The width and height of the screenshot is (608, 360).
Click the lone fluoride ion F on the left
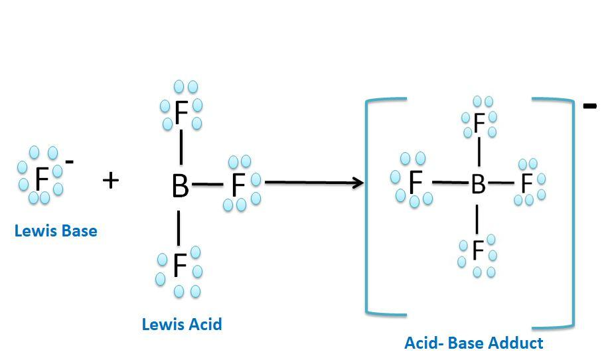[42, 178]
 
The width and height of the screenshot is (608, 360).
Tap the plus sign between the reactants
[111, 179]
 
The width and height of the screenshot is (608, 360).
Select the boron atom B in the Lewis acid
[180, 187]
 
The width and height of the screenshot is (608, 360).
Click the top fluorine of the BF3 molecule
[181, 114]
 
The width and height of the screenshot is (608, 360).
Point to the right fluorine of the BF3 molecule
[238, 187]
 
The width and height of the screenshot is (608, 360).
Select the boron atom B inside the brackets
[478, 185]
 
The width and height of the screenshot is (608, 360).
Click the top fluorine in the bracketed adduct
[479, 122]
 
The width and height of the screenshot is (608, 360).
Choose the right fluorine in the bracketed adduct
[527, 182]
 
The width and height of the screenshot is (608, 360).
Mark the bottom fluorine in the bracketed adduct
[477, 250]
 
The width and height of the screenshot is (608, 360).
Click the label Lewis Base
[56, 231]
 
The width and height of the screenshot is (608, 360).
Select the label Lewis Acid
[182, 324]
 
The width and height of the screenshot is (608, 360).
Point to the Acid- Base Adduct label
[473, 343]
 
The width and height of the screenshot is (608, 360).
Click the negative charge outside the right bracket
[589, 105]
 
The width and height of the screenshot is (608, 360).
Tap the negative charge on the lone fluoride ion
[70, 161]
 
